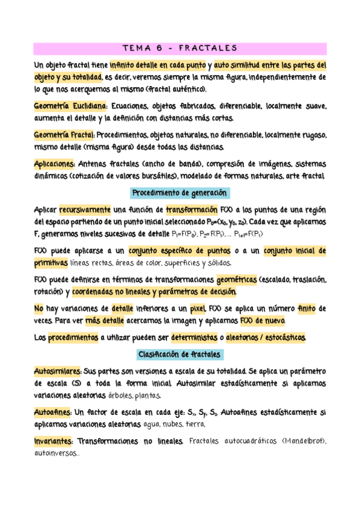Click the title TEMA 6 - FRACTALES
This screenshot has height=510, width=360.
(x=180, y=48)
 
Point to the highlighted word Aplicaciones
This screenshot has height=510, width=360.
(x=54, y=165)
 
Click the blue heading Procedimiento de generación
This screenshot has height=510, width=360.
(x=180, y=194)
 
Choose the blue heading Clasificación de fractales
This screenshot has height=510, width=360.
(x=180, y=354)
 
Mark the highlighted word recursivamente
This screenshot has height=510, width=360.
(x=85, y=210)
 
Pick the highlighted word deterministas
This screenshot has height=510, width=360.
(x=194, y=338)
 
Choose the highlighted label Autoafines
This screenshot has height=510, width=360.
(x=52, y=413)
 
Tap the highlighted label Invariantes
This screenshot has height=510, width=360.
(x=53, y=442)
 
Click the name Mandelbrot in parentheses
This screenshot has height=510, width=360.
(x=303, y=442)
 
